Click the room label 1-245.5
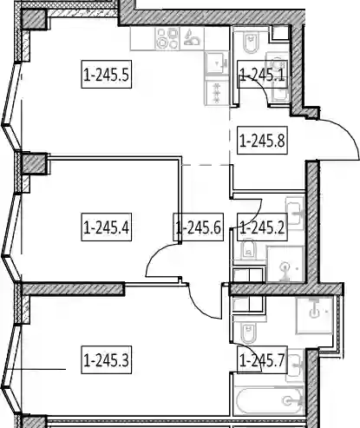pos(106,75)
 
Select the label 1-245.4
pos(106,227)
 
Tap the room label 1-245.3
pos(106,359)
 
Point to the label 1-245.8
pos(262,141)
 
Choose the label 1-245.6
pos(199,227)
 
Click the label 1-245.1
pos(262,75)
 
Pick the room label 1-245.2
pos(262,227)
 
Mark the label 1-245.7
pos(262,359)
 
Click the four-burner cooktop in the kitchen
pos(167,38)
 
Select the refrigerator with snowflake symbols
pos(217,93)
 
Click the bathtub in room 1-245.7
pos(267,400)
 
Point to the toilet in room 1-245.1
pos(250,43)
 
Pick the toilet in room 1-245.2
pos(248,249)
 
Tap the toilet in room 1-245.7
pos(248,333)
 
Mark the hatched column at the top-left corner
pos(34,19)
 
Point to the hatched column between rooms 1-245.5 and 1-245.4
pos(34,163)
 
